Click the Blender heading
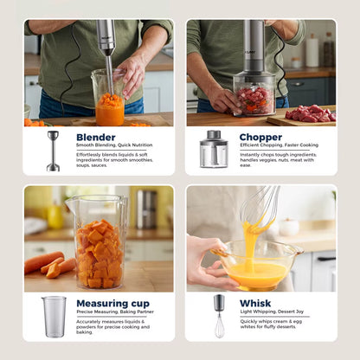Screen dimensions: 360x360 [x=95, y=137]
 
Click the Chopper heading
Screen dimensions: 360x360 [x=261, y=137]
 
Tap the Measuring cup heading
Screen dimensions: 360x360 [x=112, y=304]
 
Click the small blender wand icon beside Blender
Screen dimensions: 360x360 [x=54, y=151]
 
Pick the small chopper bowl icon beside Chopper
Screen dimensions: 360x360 [x=213, y=149]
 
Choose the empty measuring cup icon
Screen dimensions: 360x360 [x=54, y=316]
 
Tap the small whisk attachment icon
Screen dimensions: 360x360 [x=219, y=316]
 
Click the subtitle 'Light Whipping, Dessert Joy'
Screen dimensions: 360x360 [x=271, y=312]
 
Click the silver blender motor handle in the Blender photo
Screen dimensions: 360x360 [x=106, y=37]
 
